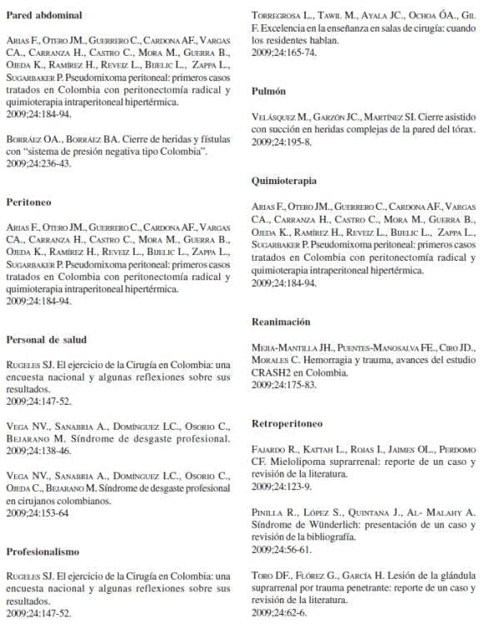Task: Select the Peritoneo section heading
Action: point(30,201)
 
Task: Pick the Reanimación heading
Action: point(281,321)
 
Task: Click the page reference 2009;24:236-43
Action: point(38,163)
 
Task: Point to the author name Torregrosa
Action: point(281,15)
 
